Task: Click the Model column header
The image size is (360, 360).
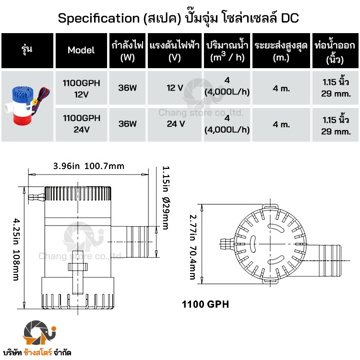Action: [81, 50]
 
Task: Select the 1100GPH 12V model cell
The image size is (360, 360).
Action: [81, 88]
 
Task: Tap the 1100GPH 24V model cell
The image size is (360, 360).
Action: [81, 124]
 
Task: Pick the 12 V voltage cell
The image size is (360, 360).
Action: [175, 88]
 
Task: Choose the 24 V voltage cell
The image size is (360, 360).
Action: [175, 124]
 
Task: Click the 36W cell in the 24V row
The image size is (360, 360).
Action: [127, 124]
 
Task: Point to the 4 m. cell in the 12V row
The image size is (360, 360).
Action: [281, 88]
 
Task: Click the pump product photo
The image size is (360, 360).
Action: [27, 106]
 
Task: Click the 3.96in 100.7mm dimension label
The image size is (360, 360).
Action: [89, 166]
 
